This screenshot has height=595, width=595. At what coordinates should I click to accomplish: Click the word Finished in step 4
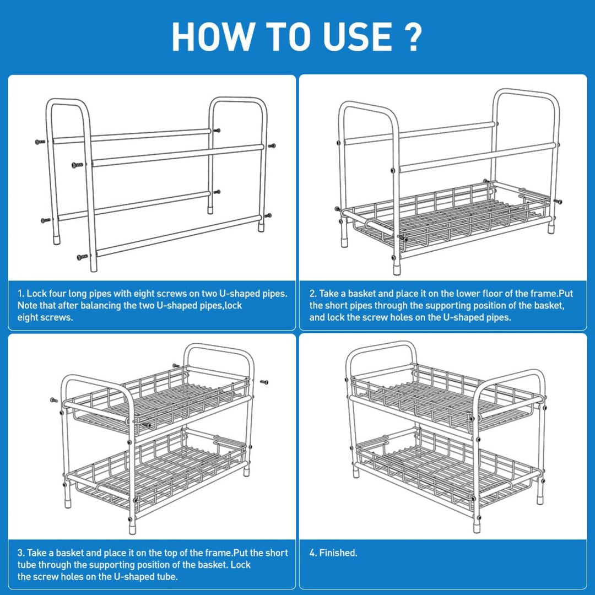(338, 553)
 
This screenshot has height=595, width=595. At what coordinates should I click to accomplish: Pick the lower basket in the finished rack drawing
(446, 466)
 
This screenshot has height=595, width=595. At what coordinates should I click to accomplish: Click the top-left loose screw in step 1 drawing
(40, 142)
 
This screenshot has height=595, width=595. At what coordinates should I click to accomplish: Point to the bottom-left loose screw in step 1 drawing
(82, 257)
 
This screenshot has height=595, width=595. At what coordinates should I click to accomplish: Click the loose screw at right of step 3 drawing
(263, 382)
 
